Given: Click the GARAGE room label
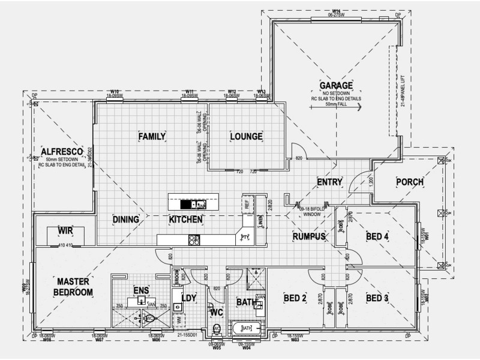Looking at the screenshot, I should point(335,85).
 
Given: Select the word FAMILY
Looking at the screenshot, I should point(152,137).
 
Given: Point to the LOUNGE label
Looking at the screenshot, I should point(246,137).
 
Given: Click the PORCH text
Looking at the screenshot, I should point(410,182).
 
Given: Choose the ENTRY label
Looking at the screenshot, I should point(329,182).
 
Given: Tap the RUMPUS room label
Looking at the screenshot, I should point(308,237).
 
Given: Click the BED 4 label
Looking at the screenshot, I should point(378,237).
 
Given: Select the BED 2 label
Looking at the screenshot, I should point(295,298).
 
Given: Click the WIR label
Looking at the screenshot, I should point(65,231).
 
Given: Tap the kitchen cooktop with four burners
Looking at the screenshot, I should point(194,240).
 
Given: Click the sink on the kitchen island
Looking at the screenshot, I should point(187,204).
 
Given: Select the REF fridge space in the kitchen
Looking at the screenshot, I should point(247,205).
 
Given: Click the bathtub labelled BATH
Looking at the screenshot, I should point(247,328).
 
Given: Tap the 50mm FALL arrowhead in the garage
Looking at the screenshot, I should point(358,109).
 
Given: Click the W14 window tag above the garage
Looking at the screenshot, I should point(336,11).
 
